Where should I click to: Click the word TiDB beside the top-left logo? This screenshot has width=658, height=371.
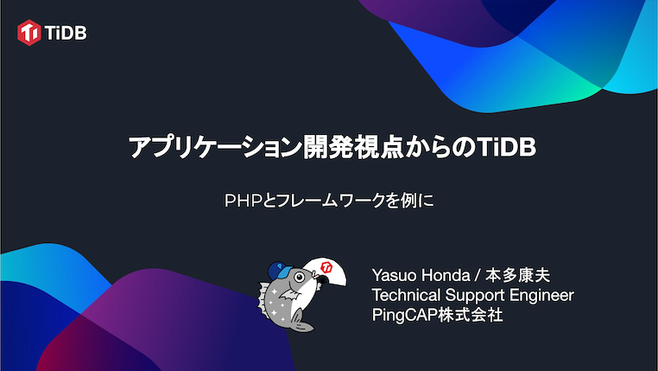click(x=66, y=34)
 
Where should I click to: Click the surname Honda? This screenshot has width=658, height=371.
click(x=447, y=275)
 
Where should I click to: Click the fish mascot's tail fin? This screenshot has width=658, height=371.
click(x=299, y=323)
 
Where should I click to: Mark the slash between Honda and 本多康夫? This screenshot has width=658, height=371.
click(x=478, y=275)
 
